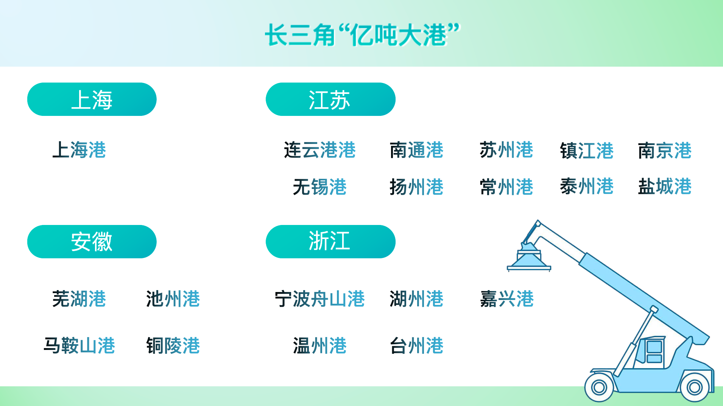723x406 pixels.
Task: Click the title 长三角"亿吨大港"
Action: tap(362, 35)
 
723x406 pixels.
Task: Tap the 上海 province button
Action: tap(92, 99)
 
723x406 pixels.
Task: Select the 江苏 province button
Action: tap(330, 99)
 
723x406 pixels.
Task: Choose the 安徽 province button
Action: tap(92, 242)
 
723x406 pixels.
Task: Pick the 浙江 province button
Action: tap(330, 242)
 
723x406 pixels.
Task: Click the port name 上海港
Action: tap(79, 150)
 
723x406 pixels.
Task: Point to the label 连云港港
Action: tap(320, 150)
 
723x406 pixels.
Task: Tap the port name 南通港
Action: tap(416, 150)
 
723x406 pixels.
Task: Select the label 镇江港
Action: tap(587, 150)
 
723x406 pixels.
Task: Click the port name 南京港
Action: tap(665, 150)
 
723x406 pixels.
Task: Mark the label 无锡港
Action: tap(320, 187)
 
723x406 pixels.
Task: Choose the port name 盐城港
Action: tap(665, 186)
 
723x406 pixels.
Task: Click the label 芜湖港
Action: tap(79, 298)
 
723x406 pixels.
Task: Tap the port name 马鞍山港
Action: tap(79, 345)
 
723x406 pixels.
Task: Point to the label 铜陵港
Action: tap(173, 345)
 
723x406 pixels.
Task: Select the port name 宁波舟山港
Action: tap(320, 298)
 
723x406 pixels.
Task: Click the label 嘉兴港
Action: tap(507, 298)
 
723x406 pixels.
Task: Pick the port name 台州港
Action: tap(416, 345)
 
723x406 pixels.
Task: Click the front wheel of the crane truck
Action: tap(599, 387)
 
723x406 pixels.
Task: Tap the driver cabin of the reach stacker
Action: tap(650, 352)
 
